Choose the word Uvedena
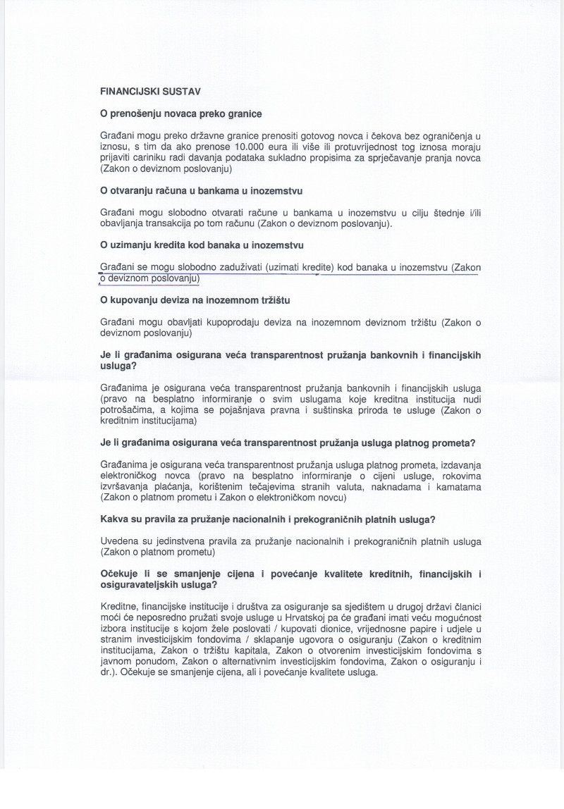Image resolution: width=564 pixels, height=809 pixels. [120, 541]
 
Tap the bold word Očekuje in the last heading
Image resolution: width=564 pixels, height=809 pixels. [121, 574]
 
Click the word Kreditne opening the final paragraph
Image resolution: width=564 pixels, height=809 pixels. [120, 607]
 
